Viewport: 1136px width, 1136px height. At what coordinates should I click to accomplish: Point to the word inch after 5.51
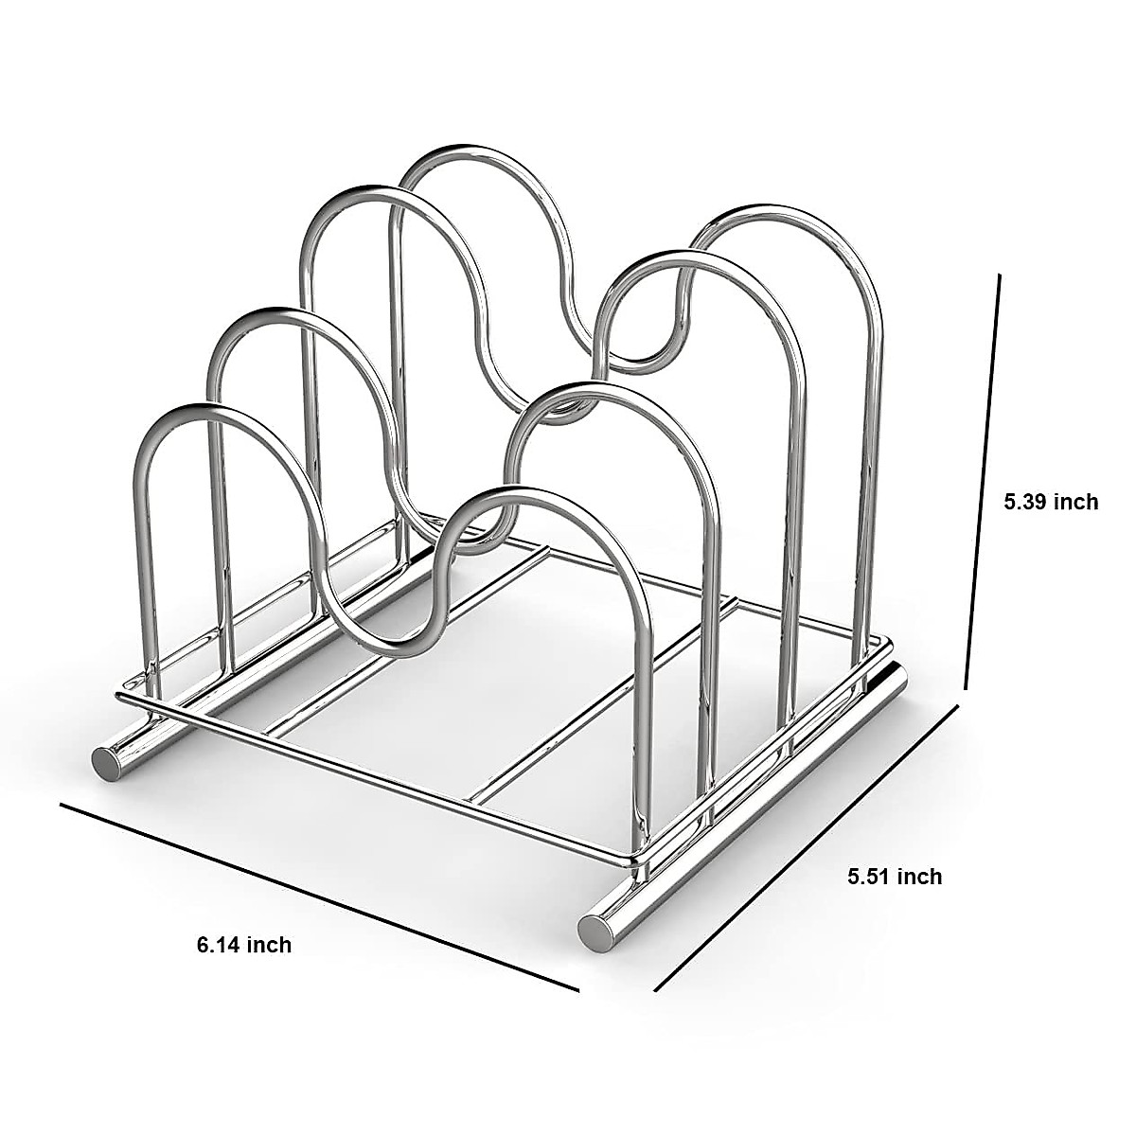[919, 876]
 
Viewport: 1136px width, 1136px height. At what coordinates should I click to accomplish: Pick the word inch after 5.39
[1075, 502]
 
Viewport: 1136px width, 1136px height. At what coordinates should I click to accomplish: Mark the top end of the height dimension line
[998, 275]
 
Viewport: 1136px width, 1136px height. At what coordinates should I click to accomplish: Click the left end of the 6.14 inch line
[62, 806]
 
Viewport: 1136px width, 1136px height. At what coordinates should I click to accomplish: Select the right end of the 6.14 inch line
[577, 990]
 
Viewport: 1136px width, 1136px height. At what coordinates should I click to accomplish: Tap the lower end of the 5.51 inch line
[656, 990]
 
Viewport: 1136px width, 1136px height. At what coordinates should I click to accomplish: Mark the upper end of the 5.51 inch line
[960, 705]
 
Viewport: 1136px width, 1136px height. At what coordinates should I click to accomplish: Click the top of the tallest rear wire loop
[454, 150]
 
